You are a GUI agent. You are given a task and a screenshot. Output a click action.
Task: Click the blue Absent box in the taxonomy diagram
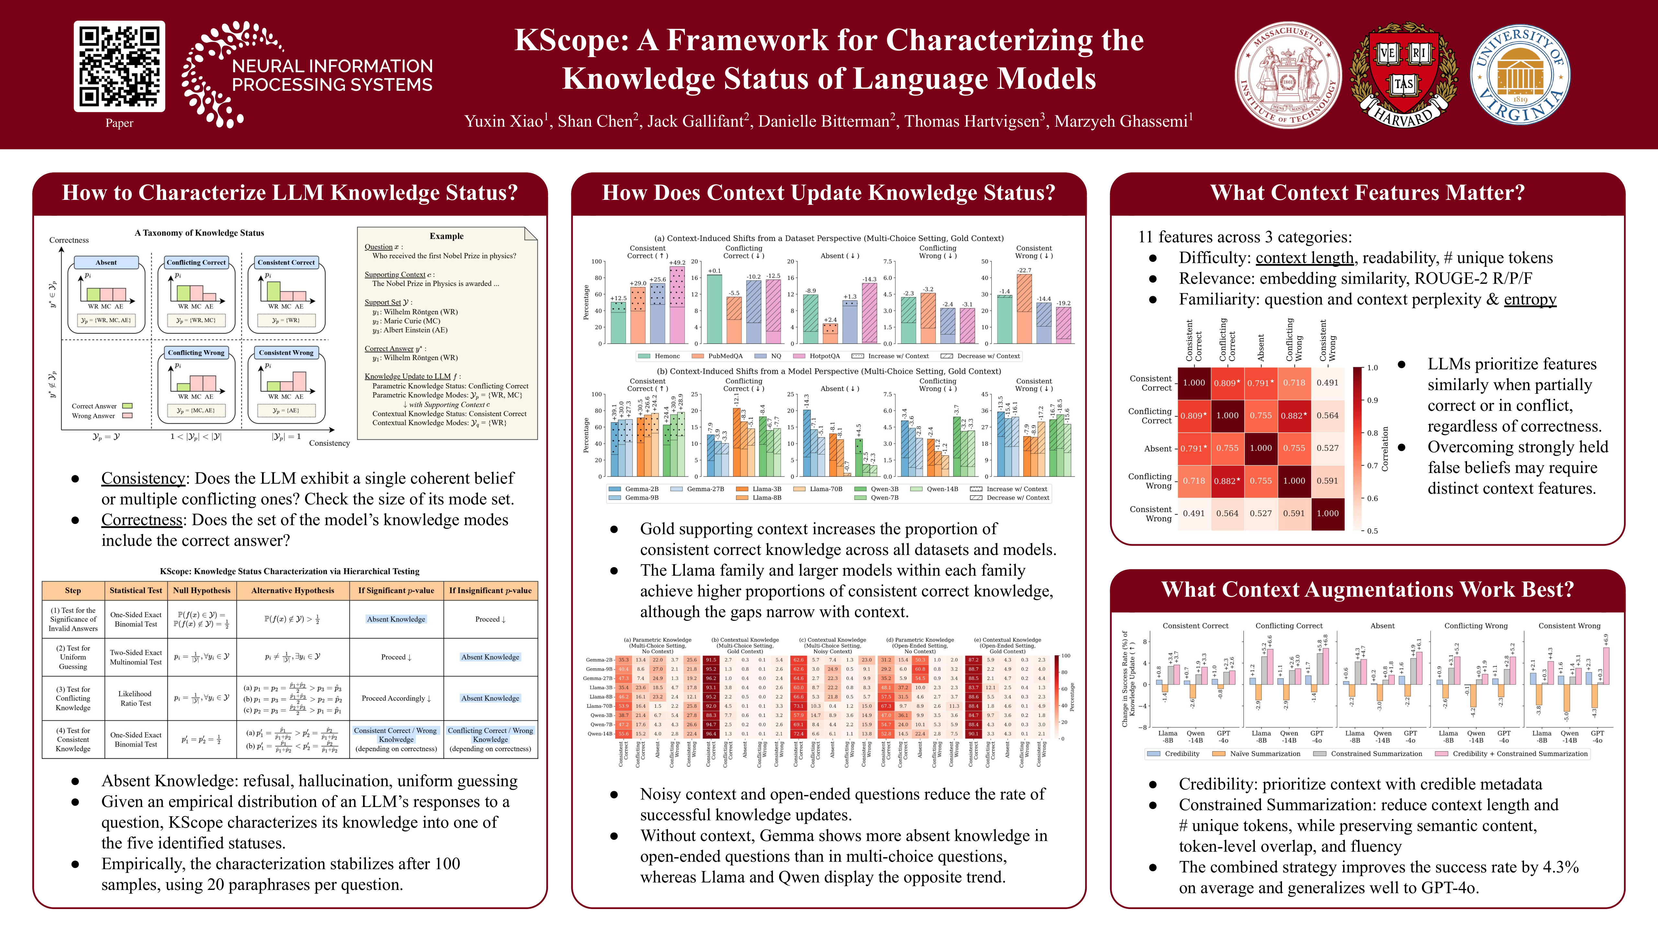[x=106, y=262]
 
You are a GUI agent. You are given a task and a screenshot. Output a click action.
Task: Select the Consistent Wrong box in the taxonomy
[x=286, y=352]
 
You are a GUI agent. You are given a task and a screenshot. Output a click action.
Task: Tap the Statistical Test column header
[x=136, y=591]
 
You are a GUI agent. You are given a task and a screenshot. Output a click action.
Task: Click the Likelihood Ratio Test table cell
[x=135, y=698]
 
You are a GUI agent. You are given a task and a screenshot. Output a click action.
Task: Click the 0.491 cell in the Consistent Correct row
[x=1327, y=383]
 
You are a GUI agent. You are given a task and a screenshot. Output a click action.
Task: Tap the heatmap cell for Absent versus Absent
[x=1260, y=448]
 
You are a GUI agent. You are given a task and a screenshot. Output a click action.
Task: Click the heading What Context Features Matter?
[x=1367, y=192]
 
